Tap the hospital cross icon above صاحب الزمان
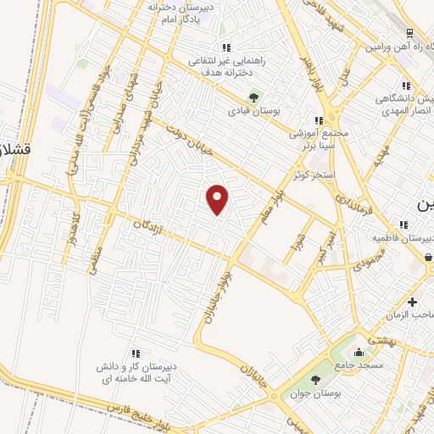click(x=413, y=302)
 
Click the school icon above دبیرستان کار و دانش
click(x=135, y=353)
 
